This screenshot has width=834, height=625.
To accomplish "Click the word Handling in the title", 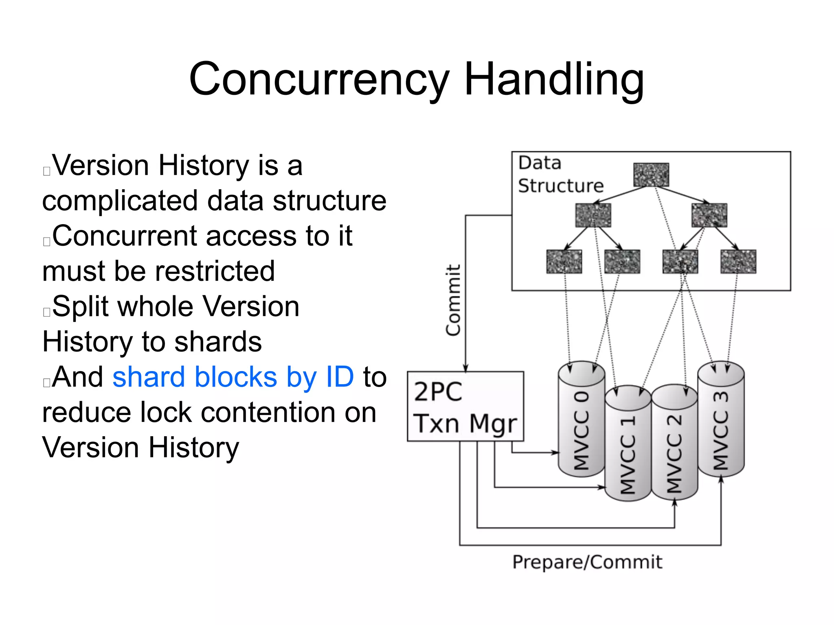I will point(554,79).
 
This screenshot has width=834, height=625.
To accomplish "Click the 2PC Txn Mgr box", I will point(465,406).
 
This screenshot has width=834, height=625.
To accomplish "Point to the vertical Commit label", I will point(453,300).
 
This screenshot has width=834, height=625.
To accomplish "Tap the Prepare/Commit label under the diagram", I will point(587,562).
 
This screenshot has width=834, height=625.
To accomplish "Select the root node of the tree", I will point(651,175).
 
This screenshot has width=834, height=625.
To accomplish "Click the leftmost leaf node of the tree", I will point(564,262).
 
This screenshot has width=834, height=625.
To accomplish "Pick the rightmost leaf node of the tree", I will point(738,262).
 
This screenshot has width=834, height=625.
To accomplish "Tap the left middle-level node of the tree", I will point(593,215).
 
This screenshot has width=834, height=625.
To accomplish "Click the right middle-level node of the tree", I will point(709,215).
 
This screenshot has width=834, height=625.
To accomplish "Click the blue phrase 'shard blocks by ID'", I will point(233,377).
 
